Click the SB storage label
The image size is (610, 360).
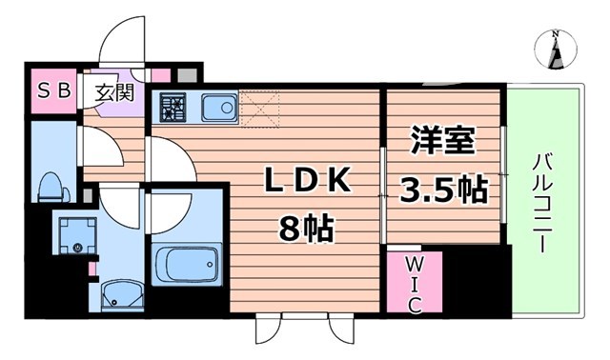pos(53,91)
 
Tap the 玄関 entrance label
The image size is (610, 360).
pos(114,92)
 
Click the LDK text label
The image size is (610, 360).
pos(307,181)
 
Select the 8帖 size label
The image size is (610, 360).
pos(306,229)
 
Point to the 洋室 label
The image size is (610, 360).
pos(442,141)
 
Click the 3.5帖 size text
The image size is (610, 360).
pos(444,190)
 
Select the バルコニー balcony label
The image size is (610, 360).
pos(542,204)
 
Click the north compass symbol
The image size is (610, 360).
pos(556,50)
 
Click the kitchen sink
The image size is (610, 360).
pos(219,108)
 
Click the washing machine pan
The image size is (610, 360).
pos(77,235)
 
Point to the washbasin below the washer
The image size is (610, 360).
pos(122,296)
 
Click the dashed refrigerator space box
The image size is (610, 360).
pos(260,109)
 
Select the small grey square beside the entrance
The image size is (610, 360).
pos(187,75)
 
